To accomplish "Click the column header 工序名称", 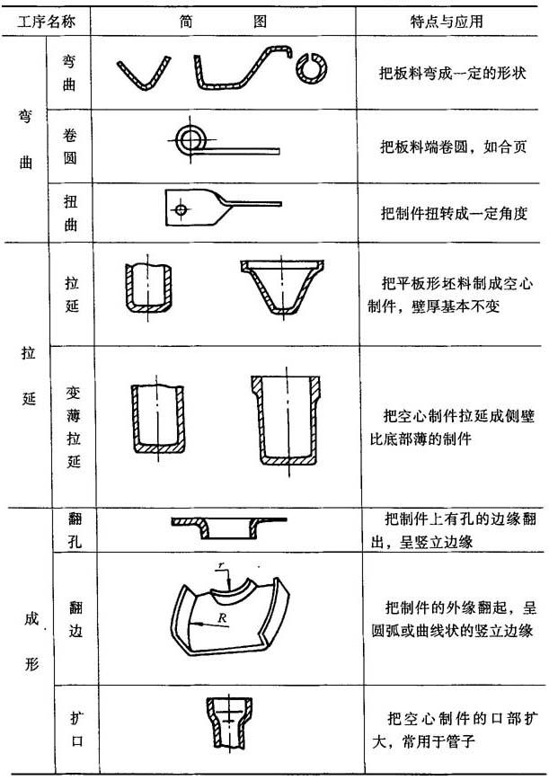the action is [x=46, y=22].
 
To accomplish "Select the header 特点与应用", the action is [x=446, y=22].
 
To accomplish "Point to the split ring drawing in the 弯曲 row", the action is [x=312, y=67].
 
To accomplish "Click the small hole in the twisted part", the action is [x=181, y=209].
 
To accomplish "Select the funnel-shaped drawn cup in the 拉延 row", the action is [x=282, y=286].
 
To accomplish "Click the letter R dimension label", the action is [x=222, y=618].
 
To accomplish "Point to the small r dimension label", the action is [x=221, y=564].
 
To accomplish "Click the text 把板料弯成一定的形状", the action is [x=452, y=73].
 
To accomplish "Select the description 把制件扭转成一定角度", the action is [x=454, y=213].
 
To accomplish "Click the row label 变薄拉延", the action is [x=73, y=428].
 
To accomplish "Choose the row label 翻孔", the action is [x=75, y=529].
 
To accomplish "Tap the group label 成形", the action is [x=31, y=642].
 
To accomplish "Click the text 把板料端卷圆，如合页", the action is [x=453, y=146].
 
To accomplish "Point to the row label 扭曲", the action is [x=71, y=213].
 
